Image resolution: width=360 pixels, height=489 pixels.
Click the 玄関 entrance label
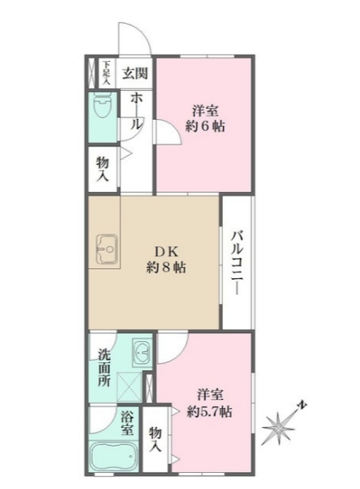pyautogui.click(x=134, y=73)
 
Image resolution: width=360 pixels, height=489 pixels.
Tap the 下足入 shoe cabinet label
pyautogui.click(x=106, y=73)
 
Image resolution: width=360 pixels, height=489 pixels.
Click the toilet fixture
pyautogui.click(x=102, y=109)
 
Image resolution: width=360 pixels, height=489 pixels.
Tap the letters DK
pyautogui.click(x=164, y=250)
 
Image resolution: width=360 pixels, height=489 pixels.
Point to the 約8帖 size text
pyautogui.click(x=166, y=267)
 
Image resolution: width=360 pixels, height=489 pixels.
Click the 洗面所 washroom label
pyautogui.click(x=103, y=368)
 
